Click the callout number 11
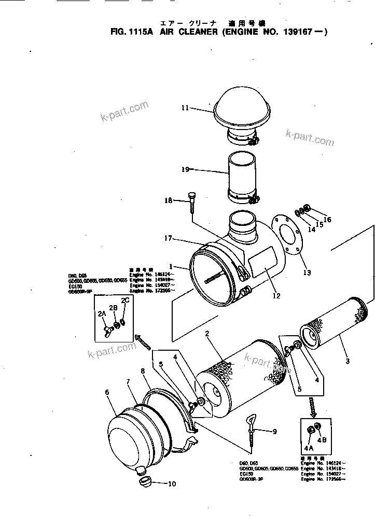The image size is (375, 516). pos(186,108)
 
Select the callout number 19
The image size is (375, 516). pos(186,169)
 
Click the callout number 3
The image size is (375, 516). pos(347,361)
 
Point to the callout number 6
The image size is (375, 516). pos(107,392)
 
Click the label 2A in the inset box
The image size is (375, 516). pos(101,313)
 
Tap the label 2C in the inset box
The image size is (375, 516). pos(125,300)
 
